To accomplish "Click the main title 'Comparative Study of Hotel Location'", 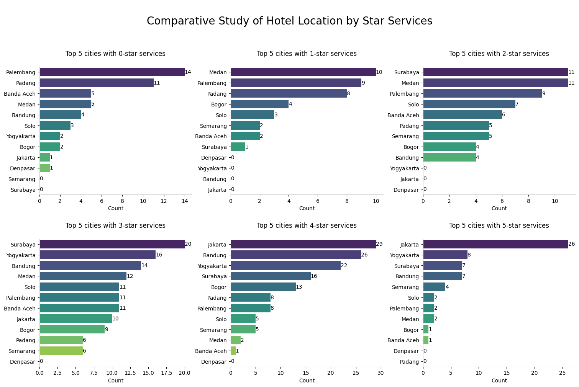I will pyautogui.click(x=289, y=21).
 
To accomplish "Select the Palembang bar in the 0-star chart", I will pyautogui.click(x=112, y=72).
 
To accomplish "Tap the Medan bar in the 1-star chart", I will pyautogui.click(x=303, y=72).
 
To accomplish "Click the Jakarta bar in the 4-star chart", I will pyautogui.click(x=303, y=244).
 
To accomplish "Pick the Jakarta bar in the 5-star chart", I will pyautogui.click(x=495, y=244).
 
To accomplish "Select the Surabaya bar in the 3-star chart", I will pyautogui.click(x=112, y=244).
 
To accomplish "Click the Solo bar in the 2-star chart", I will pyautogui.click(x=469, y=104).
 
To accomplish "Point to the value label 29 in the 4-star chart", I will pyautogui.click(x=379, y=244).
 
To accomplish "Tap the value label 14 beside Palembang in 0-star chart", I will pyautogui.click(x=188, y=72).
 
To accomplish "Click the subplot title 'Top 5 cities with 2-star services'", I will pyautogui.click(x=499, y=54).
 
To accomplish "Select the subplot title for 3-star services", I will pyautogui.click(x=115, y=226).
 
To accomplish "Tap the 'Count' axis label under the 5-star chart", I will pyautogui.click(x=499, y=380).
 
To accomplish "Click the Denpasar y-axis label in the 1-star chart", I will pyautogui.click(x=214, y=158).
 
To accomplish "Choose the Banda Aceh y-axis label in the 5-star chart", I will pyautogui.click(x=403, y=340).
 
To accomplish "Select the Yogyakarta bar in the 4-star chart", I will pyautogui.click(x=285, y=266).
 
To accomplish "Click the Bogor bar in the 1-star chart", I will pyautogui.click(x=259, y=104).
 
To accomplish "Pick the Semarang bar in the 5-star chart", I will pyautogui.click(x=434, y=287).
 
